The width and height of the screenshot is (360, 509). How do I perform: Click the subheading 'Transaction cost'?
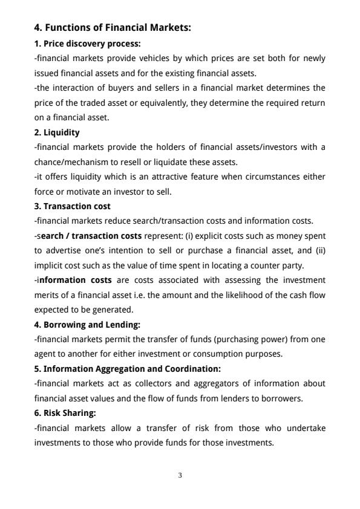(x=72, y=206)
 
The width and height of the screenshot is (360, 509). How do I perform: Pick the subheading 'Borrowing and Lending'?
(x=87, y=324)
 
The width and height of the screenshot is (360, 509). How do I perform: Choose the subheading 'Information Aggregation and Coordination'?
(x=127, y=368)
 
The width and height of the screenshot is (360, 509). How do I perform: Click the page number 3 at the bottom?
(x=180, y=475)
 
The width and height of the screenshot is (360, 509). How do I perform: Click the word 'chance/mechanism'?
(x=67, y=161)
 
